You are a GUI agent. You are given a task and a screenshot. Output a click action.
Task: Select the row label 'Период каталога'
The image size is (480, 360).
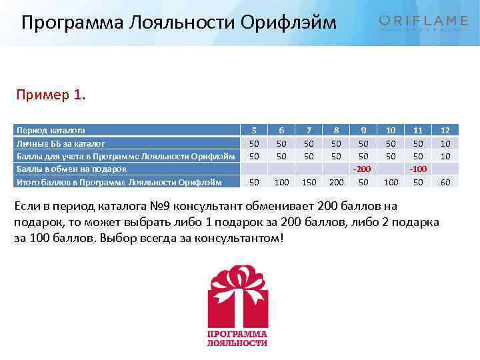click(51, 131)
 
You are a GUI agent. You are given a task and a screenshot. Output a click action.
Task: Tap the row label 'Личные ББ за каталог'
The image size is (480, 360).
click(61, 143)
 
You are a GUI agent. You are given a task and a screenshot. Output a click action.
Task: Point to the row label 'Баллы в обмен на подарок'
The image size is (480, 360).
click(71, 169)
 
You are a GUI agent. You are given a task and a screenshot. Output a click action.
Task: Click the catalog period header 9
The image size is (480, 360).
click(363, 131)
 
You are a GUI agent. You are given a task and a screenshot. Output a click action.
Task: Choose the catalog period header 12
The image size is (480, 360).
click(445, 131)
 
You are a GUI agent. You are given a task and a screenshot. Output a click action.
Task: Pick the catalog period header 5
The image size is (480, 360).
click(253, 131)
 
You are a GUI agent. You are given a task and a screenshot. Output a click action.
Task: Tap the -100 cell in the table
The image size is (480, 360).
click(417, 169)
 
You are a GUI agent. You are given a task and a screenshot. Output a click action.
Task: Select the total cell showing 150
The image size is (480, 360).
click(308, 182)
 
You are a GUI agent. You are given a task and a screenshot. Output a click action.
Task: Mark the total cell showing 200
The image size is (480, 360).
click(336, 182)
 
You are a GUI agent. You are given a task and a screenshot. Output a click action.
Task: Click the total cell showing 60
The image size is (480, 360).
click(445, 182)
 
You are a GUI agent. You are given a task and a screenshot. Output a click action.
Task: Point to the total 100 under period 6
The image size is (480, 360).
click(281, 182)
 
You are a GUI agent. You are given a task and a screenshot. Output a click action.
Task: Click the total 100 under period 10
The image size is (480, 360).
click(391, 182)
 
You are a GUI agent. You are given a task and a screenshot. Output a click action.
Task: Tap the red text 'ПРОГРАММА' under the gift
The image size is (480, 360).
click(237, 333)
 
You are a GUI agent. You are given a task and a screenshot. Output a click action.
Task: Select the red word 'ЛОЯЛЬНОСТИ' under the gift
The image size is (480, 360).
click(237, 343)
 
